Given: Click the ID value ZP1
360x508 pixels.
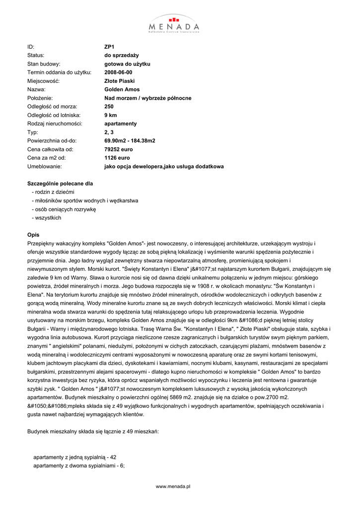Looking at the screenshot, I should [109, 47].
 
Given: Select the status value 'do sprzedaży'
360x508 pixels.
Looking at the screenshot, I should [121, 55].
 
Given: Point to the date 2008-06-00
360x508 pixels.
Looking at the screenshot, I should [118, 72].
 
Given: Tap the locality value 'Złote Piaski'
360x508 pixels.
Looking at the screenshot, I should [119, 81].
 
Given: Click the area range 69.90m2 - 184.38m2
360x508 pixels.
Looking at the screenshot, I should [130, 141].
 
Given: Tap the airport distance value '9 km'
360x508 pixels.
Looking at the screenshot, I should [110, 115].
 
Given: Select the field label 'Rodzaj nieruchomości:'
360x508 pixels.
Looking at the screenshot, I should [55, 124].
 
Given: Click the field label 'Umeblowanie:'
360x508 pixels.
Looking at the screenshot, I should [44, 167].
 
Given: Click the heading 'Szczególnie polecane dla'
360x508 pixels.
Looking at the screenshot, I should [60, 184].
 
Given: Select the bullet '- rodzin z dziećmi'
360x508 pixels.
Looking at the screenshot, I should [53, 192].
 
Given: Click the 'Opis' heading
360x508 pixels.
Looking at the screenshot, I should [33, 235].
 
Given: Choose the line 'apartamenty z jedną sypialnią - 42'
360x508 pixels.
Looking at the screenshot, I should [74, 457].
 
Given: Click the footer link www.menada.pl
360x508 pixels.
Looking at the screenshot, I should [173, 487].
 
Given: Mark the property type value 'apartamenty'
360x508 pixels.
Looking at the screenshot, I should [121, 124].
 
